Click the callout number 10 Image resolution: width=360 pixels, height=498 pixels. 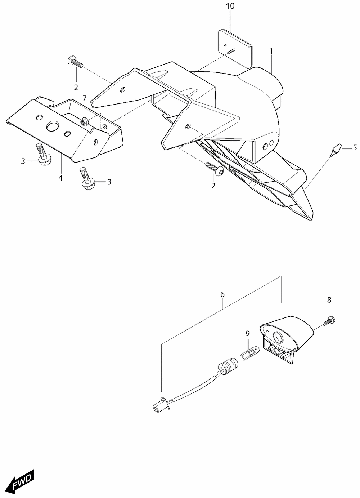coord(230,6)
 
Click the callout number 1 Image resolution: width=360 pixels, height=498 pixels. coord(271,52)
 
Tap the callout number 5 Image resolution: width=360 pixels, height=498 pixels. coord(355,147)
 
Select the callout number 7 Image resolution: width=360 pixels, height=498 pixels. coord(84,98)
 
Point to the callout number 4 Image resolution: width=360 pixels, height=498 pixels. coord(60,178)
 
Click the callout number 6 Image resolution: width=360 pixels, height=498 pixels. coord(222,294)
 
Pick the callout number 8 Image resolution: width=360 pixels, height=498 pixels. coord(329,300)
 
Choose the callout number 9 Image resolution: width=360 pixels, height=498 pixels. coord(248,333)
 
